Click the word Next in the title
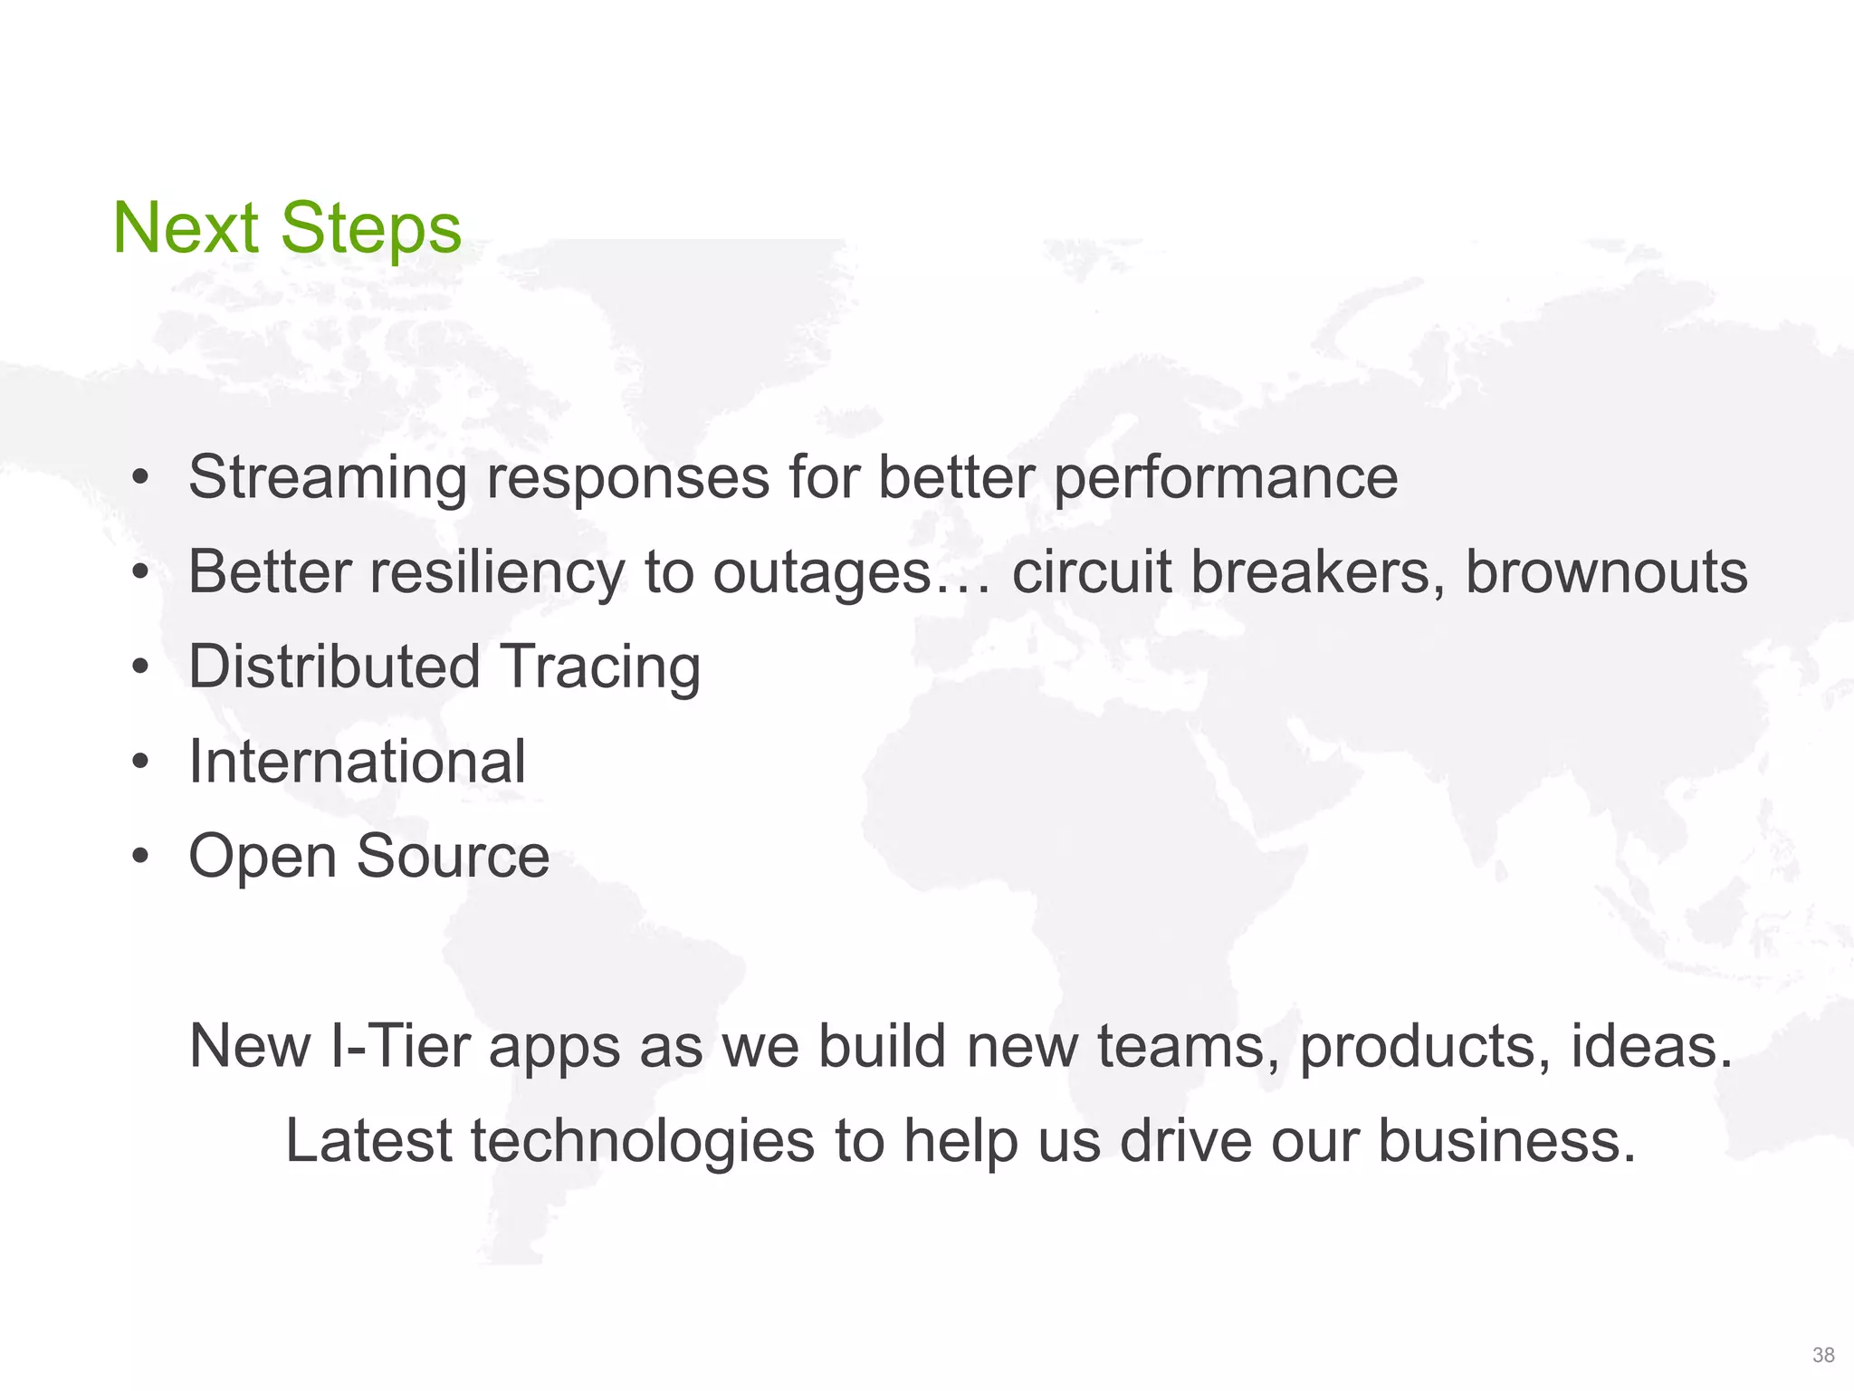point(186,228)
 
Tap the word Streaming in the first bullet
point(328,477)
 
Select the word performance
point(1226,477)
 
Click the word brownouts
point(1606,572)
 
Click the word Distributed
point(334,667)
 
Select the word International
point(357,761)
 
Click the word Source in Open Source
point(453,856)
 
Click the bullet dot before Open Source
point(139,856)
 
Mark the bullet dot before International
point(139,762)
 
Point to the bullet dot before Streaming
point(139,477)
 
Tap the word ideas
point(1651,1046)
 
